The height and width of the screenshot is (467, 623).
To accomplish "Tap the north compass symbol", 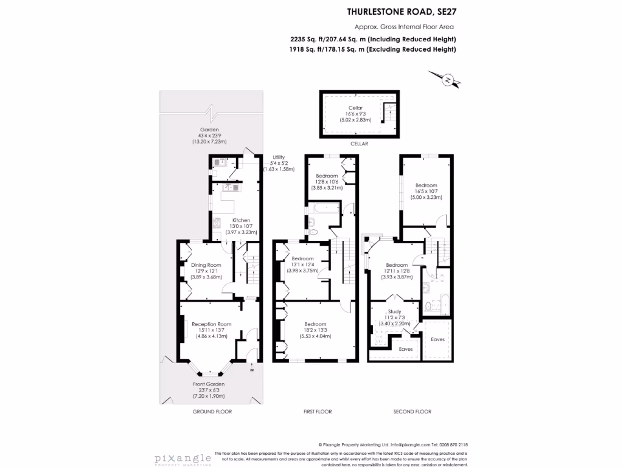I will pos(448,79).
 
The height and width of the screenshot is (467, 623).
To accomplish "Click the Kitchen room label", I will pos(241,220).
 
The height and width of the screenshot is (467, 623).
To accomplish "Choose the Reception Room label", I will pos(211,324).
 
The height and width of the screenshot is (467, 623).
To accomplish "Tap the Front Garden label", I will pos(209,384).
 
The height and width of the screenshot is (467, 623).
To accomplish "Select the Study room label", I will pos(394,311).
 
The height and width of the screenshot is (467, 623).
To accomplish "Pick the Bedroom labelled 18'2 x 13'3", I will pos(315,324).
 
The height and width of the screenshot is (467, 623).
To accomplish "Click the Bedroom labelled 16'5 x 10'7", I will pos(426,185).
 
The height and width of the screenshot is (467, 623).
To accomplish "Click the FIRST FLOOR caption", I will pos(318,412).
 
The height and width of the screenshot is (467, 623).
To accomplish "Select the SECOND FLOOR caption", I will pos(412,412).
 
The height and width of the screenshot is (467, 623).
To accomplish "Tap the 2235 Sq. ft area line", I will pos(373,39).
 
